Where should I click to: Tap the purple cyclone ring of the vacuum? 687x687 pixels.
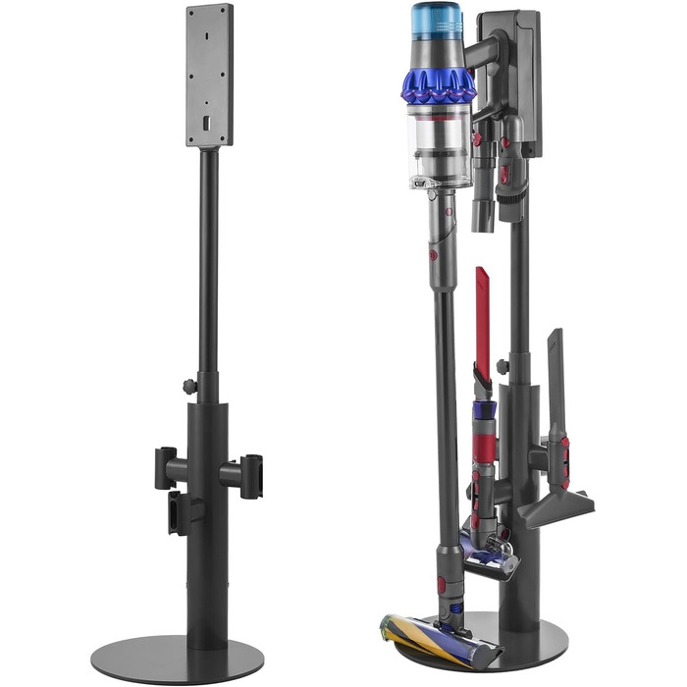coord(438,86)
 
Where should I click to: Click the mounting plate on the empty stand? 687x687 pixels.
coord(209,74)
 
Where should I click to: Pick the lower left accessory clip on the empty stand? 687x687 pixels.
coord(178,512)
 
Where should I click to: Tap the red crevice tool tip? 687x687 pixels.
coord(483,304)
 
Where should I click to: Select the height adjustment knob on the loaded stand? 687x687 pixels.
coord(502,367)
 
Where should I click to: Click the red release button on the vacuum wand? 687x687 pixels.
coord(433,254)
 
